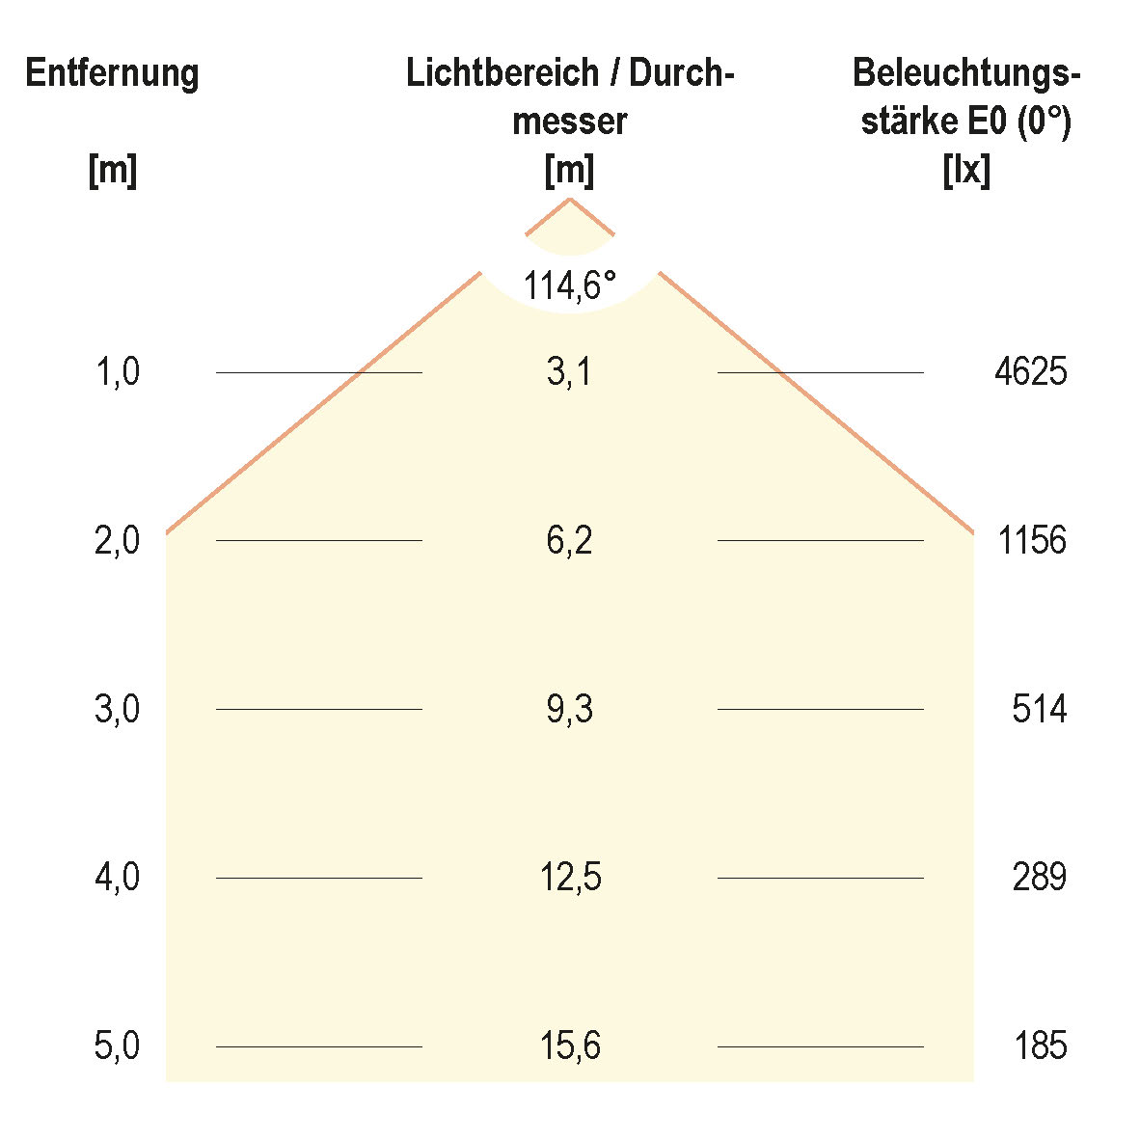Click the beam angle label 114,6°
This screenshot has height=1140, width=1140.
569,285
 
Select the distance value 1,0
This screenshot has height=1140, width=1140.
118,371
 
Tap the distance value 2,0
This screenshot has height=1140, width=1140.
118,540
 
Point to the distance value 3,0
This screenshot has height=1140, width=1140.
118,709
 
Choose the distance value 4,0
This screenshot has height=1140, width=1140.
118,878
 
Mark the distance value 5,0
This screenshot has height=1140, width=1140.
118,1045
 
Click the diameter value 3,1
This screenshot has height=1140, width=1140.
569,371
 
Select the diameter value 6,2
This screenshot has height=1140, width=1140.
569,540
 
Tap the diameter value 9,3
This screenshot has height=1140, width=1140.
569,709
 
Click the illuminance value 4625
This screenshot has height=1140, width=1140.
1030,371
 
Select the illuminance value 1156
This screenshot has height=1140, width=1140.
1032,540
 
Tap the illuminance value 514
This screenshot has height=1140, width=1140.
1039,709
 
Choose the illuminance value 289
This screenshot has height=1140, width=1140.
1039,878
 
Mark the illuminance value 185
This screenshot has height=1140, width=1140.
1041,1045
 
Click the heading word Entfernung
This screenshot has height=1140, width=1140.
112,73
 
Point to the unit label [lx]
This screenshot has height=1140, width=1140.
966,171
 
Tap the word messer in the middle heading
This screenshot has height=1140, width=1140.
570,122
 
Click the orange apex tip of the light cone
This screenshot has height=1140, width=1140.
570,200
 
